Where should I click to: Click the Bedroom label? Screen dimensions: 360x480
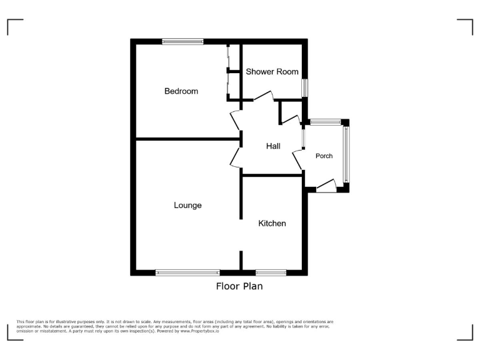(181, 91)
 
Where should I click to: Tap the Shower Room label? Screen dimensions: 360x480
(272, 72)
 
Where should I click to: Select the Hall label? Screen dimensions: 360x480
(273, 146)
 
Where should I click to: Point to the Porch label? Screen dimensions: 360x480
(324, 156)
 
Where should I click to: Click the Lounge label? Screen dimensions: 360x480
(187, 205)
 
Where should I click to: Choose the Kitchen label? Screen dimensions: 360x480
(272, 223)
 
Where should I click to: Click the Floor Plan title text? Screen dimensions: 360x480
(239, 286)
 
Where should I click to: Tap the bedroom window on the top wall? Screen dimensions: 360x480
(182, 42)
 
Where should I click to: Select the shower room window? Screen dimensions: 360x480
(304, 87)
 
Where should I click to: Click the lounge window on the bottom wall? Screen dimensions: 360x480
(187, 272)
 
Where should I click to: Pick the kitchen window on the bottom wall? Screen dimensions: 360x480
(271, 272)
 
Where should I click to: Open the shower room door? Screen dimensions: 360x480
(263, 96)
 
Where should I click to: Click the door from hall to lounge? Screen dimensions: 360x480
(235, 158)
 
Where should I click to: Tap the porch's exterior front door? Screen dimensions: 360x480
(327, 184)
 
